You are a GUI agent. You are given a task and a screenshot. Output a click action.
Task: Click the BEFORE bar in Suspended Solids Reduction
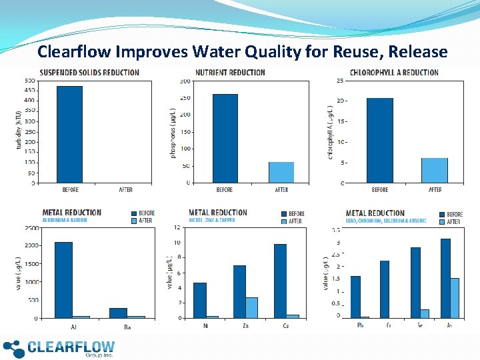69,134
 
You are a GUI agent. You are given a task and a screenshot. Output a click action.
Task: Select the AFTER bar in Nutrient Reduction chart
281,172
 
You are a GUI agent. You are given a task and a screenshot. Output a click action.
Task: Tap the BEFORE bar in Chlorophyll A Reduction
379,140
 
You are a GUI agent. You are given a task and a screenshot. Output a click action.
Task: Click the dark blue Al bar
63,280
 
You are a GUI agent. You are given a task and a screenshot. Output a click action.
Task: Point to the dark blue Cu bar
280,281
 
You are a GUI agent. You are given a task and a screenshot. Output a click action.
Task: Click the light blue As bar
455,297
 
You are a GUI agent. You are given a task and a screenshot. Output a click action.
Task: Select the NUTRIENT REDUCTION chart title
230,73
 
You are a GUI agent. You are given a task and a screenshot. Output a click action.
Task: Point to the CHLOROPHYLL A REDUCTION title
394,73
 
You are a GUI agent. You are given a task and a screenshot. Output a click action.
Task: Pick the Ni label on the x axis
207,326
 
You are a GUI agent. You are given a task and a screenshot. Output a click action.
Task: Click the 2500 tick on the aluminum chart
30,228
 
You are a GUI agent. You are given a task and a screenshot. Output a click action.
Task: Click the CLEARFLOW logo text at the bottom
71,347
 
